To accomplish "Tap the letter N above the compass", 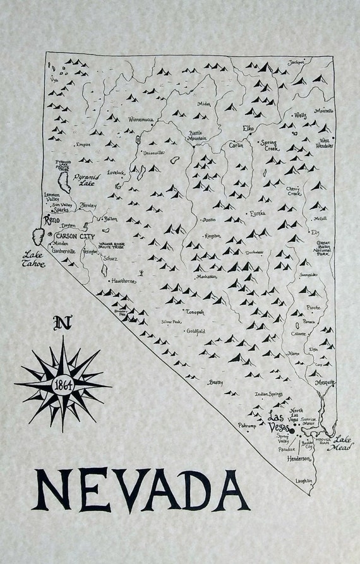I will (x=62, y=325).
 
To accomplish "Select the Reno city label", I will (x=50, y=220).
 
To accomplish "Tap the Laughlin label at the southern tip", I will (x=304, y=481).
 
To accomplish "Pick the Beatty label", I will (x=216, y=382).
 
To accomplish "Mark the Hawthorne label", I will (x=123, y=281).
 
